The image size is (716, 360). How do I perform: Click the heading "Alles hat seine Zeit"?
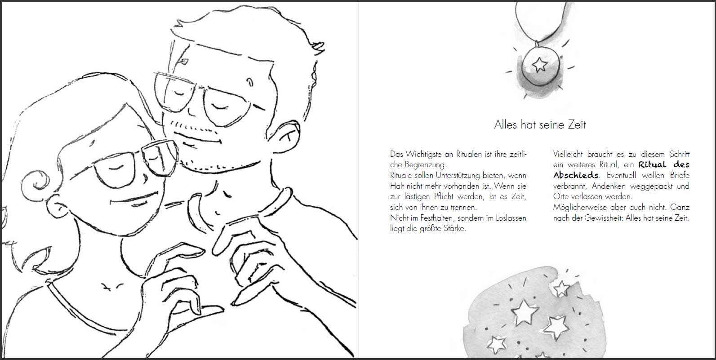pos(540,124)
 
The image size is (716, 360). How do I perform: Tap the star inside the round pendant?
pos(540,64)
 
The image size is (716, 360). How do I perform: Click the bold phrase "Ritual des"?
pos(664,164)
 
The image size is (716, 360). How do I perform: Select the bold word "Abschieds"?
pos(576,175)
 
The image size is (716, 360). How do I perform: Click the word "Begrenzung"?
pos(424,165)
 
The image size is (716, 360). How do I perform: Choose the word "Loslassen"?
pos(511,218)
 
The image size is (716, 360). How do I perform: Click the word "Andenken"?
pos(608,186)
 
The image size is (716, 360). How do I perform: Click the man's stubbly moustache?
pos(193,127)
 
